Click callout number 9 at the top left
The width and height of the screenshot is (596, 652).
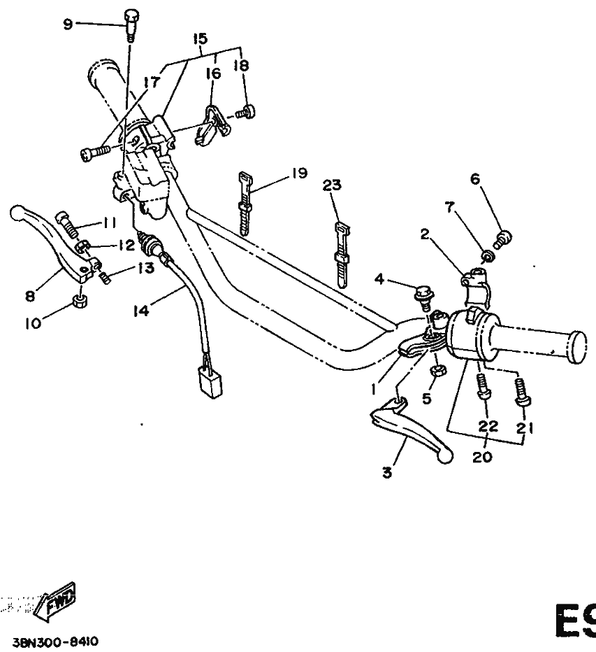point(68,24)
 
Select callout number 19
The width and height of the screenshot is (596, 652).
point(299,174)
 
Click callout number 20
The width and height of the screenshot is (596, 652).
point(483,457)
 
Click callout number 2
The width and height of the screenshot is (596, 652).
point(424,234)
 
